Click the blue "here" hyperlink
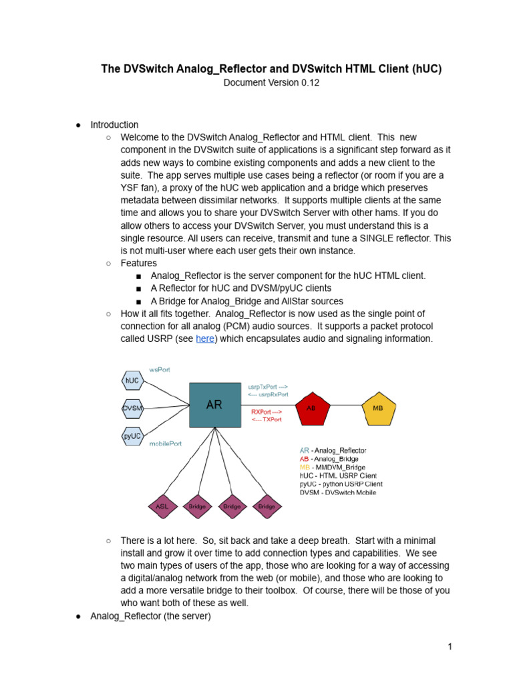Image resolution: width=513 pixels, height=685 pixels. click(x=205, y=339)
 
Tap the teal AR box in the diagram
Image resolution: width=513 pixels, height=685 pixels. click(x=215, y=405)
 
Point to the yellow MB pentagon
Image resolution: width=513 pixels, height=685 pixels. click(x=378, y=407)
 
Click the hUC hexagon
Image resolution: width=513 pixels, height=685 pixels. click(x=132, y=381)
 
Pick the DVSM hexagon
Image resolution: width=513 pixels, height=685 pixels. click(x=132, y=407)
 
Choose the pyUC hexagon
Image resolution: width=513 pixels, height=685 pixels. click(x=132, y=435)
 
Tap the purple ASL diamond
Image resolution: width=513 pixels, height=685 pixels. click(x=162, y=506)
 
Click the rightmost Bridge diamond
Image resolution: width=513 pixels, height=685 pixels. click(x=267, y=506)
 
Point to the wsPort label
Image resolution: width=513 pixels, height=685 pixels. click(x=160, y=369)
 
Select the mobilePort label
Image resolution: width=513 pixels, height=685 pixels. click(x=165, y=444)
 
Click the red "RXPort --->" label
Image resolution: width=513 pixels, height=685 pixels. click(x=267, y=411)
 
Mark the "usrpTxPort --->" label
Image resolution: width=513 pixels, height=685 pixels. click(x=268, y=387)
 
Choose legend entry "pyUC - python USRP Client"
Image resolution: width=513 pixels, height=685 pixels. click(x=341, y=484)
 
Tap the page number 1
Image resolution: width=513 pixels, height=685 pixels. click(x=451, y=646)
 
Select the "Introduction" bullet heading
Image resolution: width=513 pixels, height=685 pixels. click(x=114, y=124)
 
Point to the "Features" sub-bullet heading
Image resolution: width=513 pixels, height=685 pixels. click(x=138, y=263)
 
